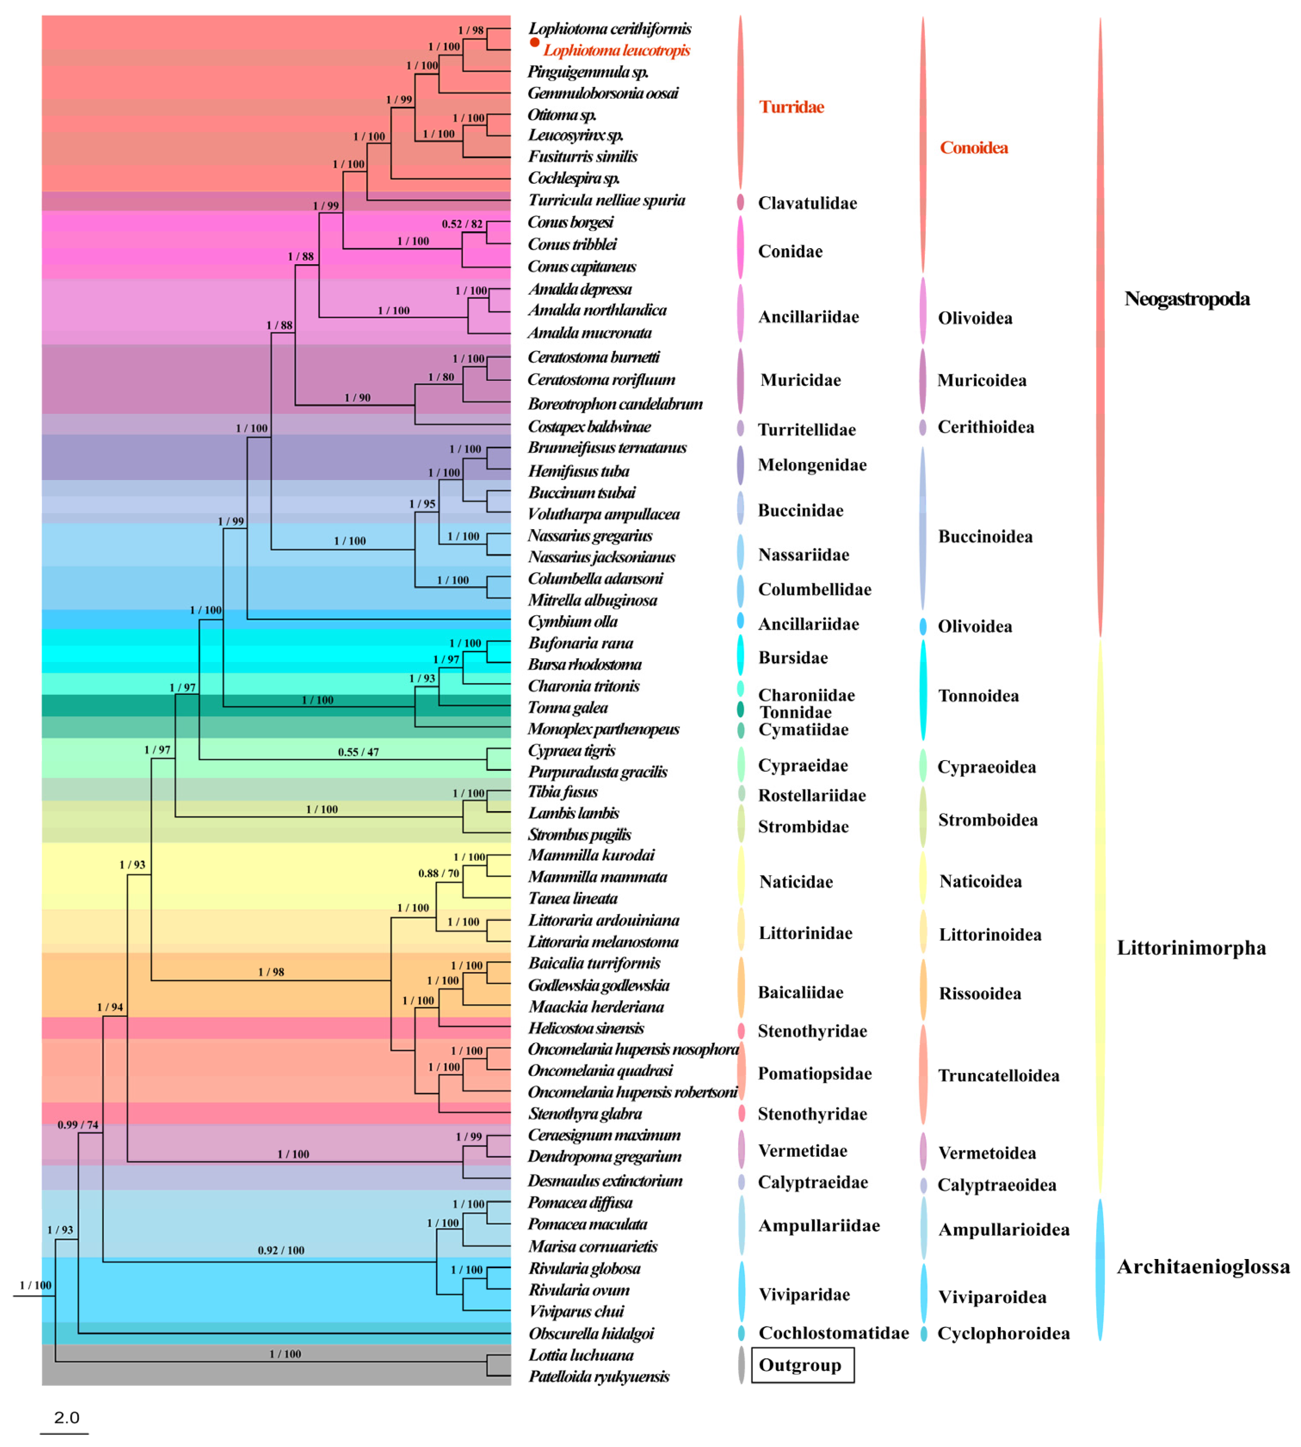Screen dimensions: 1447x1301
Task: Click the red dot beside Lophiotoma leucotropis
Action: click(x=534, y=42)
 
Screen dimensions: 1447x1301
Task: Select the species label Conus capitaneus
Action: click(x=581, y=267)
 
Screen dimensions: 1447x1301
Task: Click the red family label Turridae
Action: click(x=791, y=107)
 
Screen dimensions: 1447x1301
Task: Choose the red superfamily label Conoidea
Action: click(x=973, y=148)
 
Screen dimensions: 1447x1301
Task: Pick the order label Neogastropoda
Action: click(x=1187, y=299)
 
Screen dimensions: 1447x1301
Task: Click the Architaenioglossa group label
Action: click(x=1203, y=1267)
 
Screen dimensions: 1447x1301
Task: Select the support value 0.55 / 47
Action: click(x=358, y=752)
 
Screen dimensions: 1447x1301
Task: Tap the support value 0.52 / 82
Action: click(x=462, y=224)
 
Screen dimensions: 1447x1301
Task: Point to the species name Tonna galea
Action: click(x=568, y=708)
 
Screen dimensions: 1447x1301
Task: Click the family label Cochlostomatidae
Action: click(x=834, y=1333)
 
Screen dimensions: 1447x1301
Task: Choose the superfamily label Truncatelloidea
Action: click(x=998, y=1075)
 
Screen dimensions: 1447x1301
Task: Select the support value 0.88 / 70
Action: click(x=438, y=873)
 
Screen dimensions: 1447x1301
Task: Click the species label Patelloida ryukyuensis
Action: click(x=598, y=1376)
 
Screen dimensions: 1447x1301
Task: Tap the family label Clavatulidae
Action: click(x=807, y=203)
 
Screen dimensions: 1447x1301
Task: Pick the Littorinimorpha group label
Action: click(x=1191, y=948)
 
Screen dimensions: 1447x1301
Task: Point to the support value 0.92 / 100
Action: click(x=281, y=1250)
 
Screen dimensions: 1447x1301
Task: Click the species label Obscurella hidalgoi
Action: click(x=590, y=1333)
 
